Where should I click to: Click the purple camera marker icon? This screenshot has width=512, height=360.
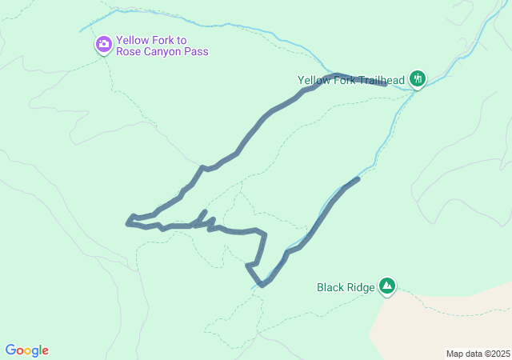103,44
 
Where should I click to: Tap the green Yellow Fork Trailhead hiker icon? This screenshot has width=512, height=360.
417,78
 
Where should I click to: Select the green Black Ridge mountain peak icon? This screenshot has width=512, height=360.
387,285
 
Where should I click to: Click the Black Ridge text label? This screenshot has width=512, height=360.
346,287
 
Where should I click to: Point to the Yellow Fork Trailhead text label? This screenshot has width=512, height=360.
351,80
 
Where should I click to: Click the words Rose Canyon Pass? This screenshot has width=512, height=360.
162,52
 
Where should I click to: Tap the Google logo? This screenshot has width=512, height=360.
26,350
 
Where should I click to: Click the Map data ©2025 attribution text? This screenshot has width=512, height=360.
478,354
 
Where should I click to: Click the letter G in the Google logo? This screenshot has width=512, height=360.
10,350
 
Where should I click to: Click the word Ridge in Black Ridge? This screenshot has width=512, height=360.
361,287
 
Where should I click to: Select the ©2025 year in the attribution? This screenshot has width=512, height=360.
495,354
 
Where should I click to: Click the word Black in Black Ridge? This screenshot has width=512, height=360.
331,287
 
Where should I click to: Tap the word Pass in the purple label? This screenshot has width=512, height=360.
197,52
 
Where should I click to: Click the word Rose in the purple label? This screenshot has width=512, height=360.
128,52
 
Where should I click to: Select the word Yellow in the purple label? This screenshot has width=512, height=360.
133,40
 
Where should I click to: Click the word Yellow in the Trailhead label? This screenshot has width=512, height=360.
314,80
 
